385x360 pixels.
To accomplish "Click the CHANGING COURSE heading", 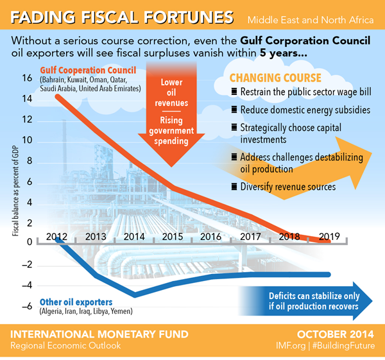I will [275, 78].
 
